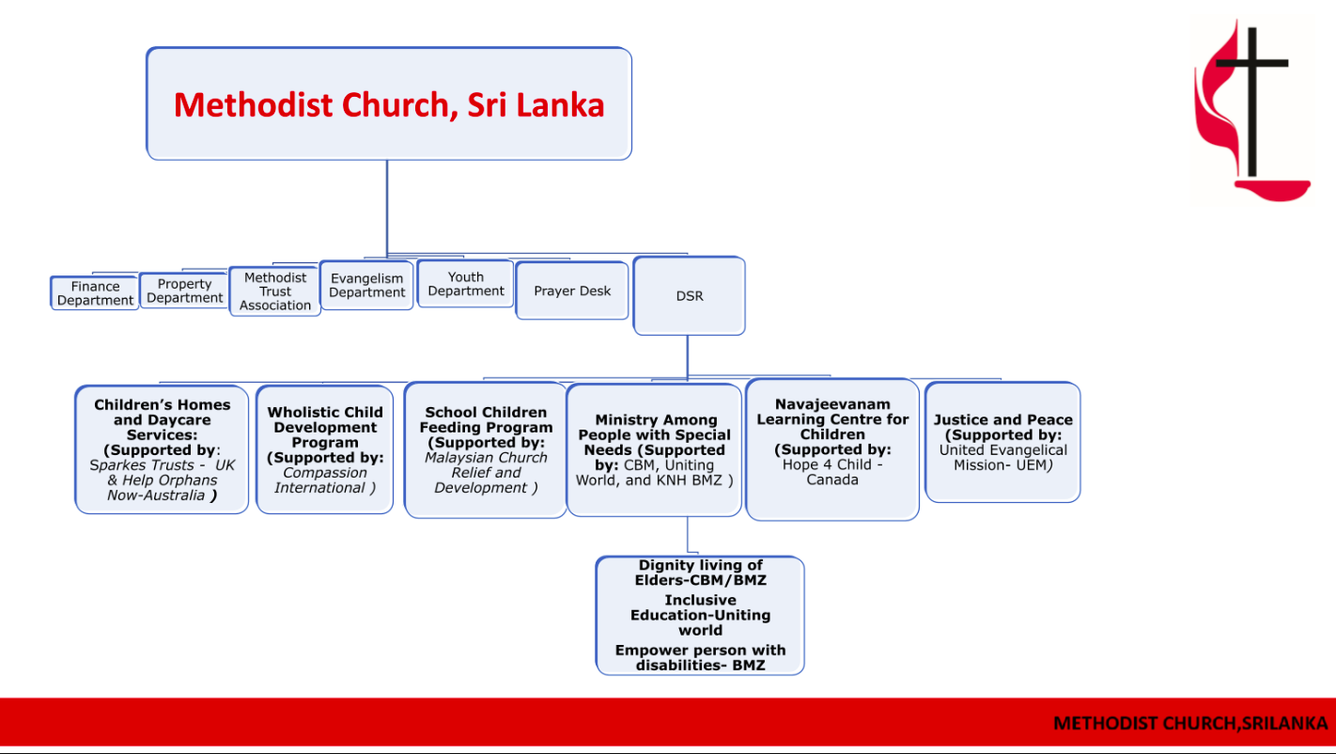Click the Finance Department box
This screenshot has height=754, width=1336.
coord(95,292)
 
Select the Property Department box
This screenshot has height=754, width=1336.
coord(184,291)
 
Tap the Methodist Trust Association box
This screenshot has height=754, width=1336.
coord(275,291)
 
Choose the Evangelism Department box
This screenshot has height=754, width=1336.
coord(366,285)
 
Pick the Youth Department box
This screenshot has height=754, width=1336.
coord(466,284)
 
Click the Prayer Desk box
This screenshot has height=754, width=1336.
coord(572,291)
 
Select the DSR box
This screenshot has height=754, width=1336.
coord(690,295)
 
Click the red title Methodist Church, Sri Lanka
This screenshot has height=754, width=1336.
coord(389,105)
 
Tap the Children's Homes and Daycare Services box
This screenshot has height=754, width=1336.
coord(162,449)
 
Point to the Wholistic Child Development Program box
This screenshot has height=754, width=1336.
coord(324,449)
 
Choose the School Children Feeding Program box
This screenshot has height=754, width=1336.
coord(486,449)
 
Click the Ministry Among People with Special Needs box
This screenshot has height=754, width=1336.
coord(654,449)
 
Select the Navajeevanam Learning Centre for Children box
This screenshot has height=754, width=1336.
coord(832,449)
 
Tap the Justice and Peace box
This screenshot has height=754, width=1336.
coord(1002,443)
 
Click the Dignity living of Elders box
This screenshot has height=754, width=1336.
coord(700,616)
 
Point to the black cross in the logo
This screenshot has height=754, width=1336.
coord(1252,102)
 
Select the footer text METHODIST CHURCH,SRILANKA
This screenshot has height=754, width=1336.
coord(1190,723)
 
